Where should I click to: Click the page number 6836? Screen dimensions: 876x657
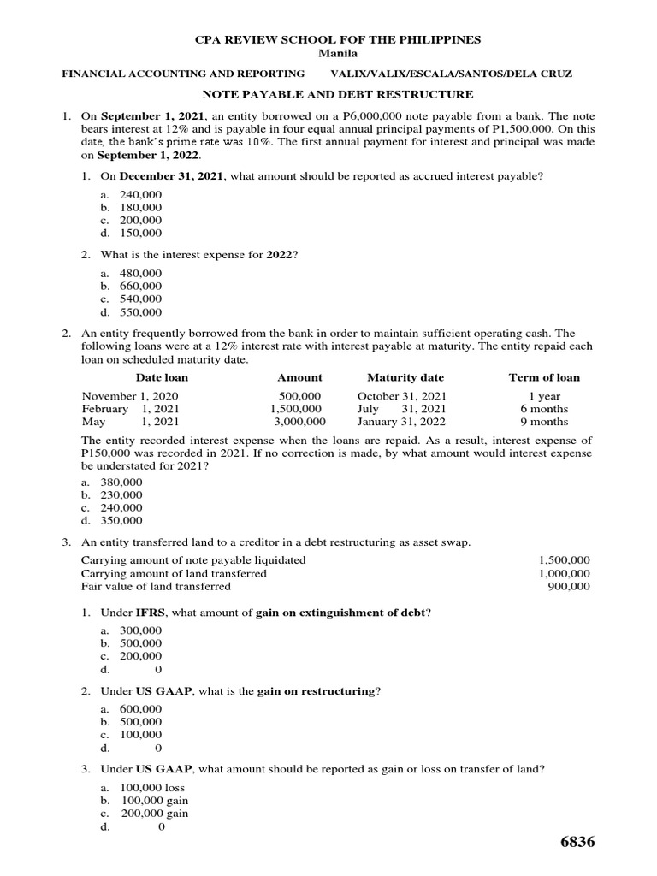(x=577, y=843)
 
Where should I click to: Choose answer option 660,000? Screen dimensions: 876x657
(x=140, y=287)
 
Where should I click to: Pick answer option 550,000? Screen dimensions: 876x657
(x=140, y=312)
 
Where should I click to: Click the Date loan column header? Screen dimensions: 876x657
(x=162, y=377)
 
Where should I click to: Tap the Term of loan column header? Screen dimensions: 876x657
(x=544, y=377)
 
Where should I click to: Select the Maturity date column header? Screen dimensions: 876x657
(x=405, y=377)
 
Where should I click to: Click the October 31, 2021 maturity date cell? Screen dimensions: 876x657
(x=401, y=396)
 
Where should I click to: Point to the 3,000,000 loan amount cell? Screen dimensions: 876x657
(x=299, y=422)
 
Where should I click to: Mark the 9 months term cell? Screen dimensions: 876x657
(x=544, y=422)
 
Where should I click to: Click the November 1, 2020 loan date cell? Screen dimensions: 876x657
(x=130, y=396)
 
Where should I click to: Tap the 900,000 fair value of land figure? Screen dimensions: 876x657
(x=568, y=586)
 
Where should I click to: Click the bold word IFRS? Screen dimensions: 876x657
(x=151, y=613)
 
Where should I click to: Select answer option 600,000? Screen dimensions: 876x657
(x=140, y=709)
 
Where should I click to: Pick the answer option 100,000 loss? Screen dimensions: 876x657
(x=151, y=788)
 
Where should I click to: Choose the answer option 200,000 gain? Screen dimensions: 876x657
(x=154, y=814)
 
